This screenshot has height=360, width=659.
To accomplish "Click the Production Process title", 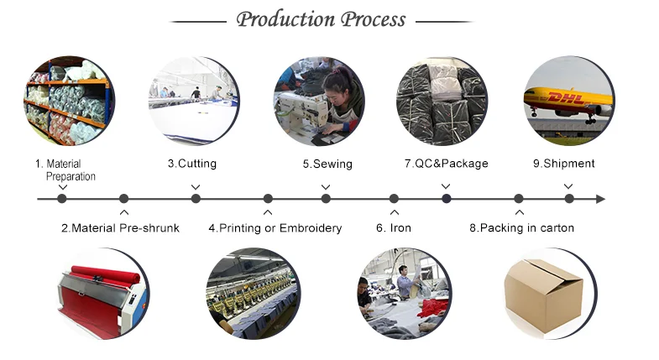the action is pos(321,19).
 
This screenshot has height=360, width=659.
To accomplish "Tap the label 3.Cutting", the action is pos(192,164).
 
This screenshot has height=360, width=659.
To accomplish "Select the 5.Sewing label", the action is pos(327,164).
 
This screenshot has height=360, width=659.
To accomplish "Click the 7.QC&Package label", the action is pos(446,164).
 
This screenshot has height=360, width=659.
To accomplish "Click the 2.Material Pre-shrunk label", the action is pos(120,228).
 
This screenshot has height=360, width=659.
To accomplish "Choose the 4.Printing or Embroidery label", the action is pos(275,228).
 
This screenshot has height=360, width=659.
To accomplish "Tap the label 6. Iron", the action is pos(393,228).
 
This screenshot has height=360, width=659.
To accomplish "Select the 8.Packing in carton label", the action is pos(521,228).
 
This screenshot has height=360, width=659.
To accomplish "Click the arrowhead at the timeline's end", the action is pos(599,199).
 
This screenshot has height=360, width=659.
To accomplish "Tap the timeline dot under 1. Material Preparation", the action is pos(62,199).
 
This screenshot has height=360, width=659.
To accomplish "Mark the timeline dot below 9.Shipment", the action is pos(569,199).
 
